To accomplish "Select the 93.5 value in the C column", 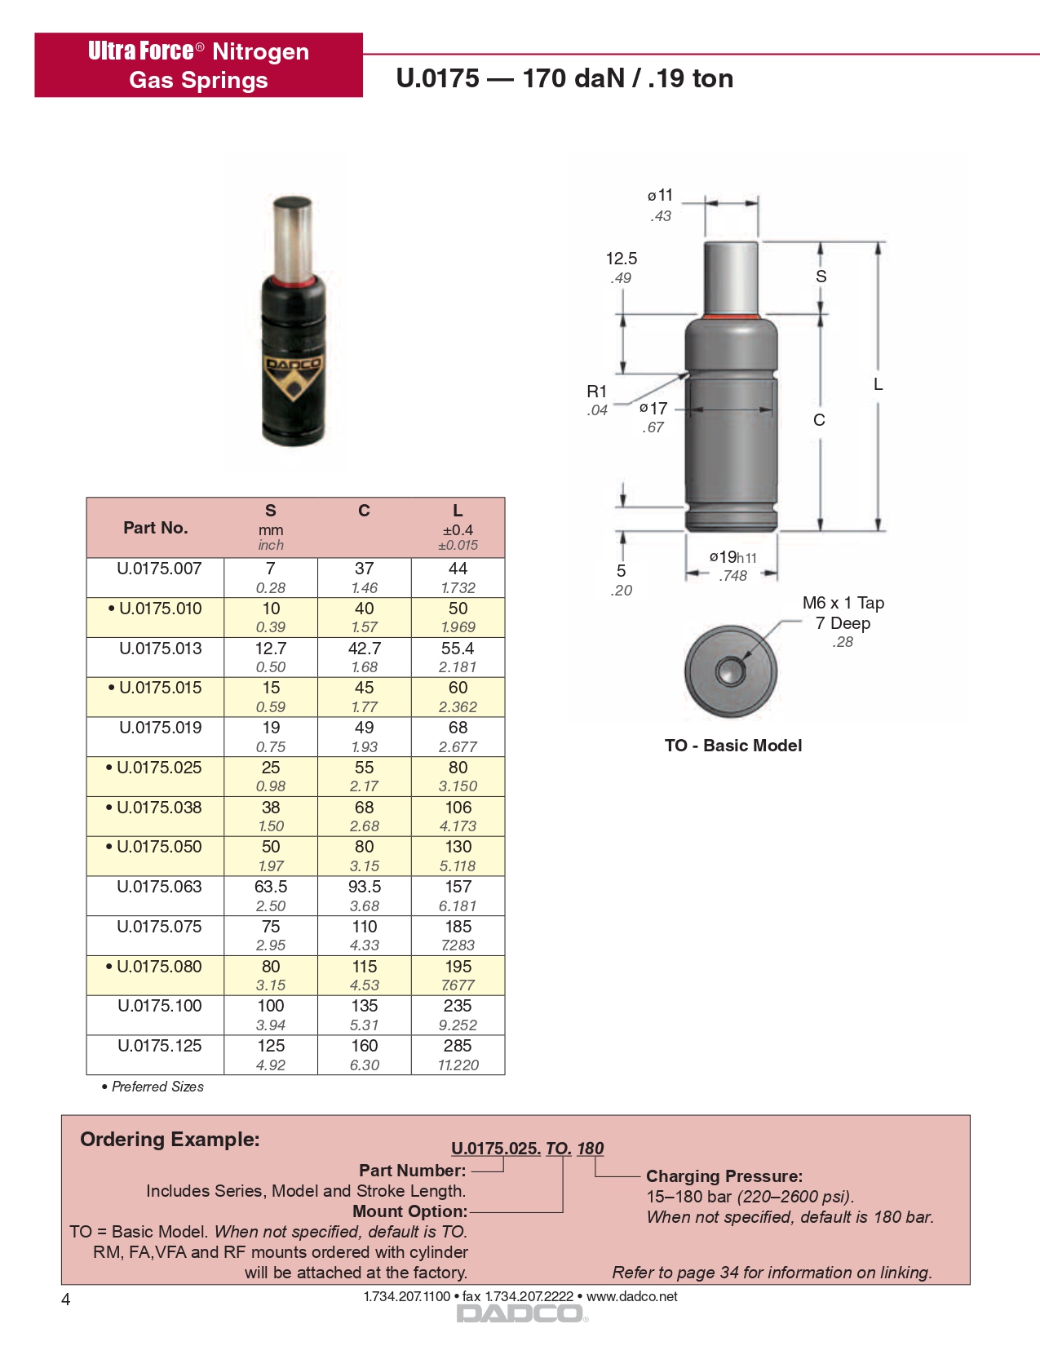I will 365,887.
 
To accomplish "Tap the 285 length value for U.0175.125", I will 458,1046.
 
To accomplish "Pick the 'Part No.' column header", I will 155,528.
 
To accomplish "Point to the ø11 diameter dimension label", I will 661,196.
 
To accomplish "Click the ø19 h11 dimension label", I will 732,557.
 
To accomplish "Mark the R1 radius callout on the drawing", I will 597,392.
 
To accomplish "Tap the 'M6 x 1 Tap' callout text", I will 843,603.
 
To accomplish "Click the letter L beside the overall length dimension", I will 878,384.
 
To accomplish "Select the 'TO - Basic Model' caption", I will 732,746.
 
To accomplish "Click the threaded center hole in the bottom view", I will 729,671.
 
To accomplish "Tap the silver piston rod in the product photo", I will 293,237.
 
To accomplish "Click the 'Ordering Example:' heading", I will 170,1140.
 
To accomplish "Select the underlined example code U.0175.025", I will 495,1149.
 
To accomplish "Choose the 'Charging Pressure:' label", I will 724,1176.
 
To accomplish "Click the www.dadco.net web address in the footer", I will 632,1296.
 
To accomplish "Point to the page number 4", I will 66,1300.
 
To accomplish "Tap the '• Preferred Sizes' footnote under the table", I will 153,1087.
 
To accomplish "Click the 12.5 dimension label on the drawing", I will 621,259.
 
